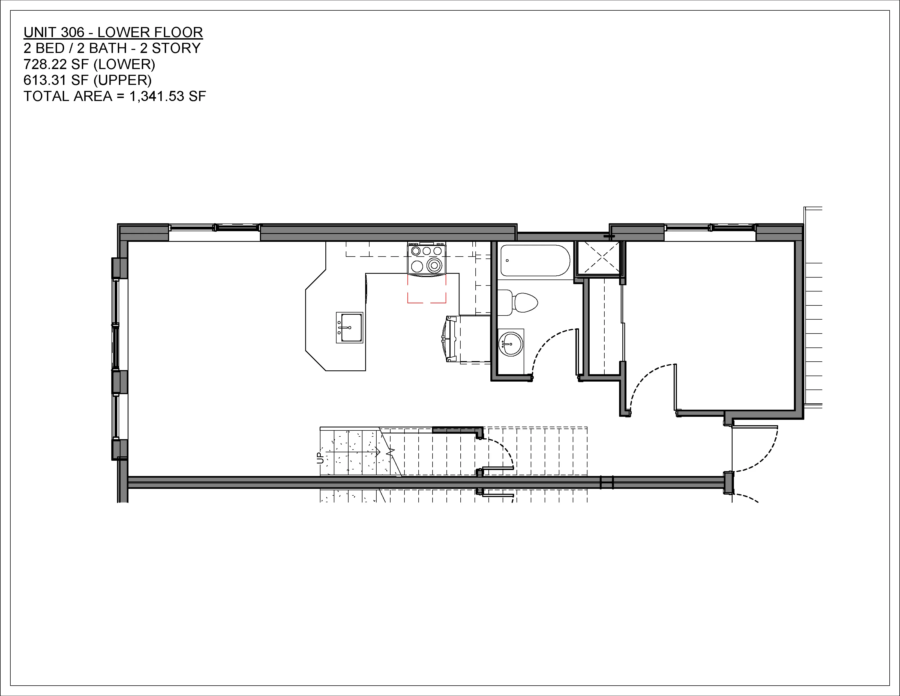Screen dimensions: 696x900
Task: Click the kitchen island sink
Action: pyautogui.click(x=349, y=327)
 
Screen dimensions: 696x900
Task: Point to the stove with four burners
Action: pyautogui.click(x=427, y=258)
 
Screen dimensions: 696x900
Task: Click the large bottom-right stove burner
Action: pyautogui.click(x=434, y=265)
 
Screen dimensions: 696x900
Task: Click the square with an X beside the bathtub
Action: pyautogui.click(x=598, y=258)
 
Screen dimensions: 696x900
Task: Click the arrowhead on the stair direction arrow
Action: pyautogui.click(x=378, y=452)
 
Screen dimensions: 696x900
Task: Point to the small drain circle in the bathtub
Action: pyautogui.click(x=507, y=261)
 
